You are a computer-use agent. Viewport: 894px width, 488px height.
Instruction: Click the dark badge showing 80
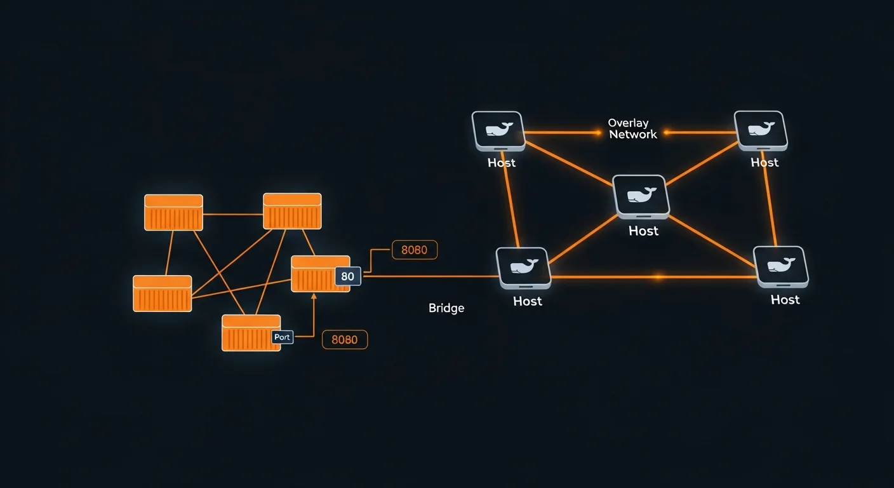(347, 276)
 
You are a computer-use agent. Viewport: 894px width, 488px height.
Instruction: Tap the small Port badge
(282, 337)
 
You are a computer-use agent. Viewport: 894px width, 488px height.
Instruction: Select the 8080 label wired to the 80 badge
(415, 250)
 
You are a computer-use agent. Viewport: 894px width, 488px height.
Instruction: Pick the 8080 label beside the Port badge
(345, 340)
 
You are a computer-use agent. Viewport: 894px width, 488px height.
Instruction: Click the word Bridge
(446, 308)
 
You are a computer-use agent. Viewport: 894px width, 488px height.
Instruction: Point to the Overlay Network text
(632, 128)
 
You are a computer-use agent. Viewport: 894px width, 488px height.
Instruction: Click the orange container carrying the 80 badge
(319, 274)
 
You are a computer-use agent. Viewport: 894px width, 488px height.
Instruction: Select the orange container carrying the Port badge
(250, 333)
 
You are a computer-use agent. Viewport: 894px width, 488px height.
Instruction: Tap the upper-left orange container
(173, 212)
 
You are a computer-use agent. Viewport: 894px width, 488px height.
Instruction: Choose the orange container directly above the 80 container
(292, 211)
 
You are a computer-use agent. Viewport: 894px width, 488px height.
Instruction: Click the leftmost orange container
(162, 294)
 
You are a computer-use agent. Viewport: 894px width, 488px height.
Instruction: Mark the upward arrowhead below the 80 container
(313, 296)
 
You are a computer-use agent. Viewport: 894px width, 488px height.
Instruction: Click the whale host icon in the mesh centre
(641, 195)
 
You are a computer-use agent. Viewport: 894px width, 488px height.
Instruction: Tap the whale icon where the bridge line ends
(523, 267)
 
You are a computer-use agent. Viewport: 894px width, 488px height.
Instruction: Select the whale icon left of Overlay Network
(498, 130)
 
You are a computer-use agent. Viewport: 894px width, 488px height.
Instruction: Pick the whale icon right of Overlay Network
(761, 130)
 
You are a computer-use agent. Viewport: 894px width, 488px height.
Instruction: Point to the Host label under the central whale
(643, 231)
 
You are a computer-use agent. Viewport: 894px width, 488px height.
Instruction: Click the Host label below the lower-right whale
(785, 299)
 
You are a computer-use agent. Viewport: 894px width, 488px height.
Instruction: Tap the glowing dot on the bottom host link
(658, 277)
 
